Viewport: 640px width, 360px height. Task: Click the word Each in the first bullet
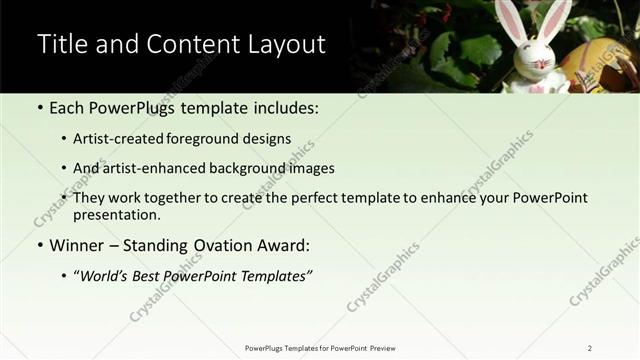coord(68,107)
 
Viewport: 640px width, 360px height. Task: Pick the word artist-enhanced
coord(159,168)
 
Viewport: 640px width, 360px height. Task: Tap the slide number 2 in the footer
coord(589,347)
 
